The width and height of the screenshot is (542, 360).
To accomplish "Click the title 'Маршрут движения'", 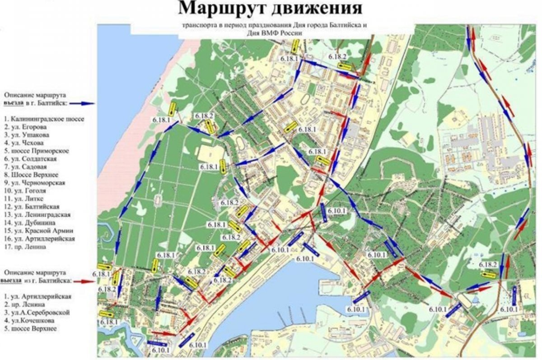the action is (x=270, y=9).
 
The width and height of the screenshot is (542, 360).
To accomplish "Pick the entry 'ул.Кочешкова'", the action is (x=30, y=321).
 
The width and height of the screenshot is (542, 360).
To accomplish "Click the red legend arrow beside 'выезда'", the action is (x=84, y=281).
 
